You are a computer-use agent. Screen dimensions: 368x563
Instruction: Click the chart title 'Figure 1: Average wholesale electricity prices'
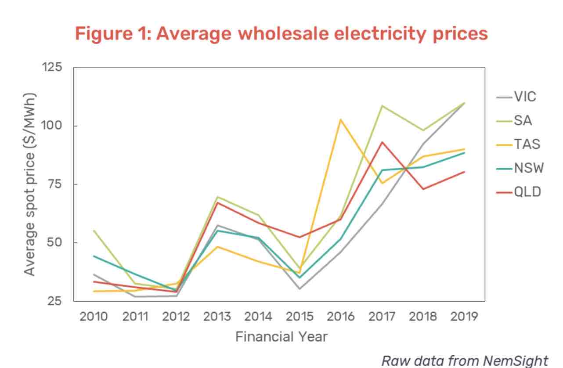pyautogui.click(x=281, y=34)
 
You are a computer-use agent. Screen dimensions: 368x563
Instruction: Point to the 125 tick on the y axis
pyautogui.click(x=52, y=67)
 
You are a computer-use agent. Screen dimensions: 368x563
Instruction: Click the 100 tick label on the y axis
pyautogui.click(x=52, y=126)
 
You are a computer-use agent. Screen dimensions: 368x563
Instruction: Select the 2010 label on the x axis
pyautogui.click(x=94, y=317)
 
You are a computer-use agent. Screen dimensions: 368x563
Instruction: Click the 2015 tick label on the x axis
pyautogui.click(x=300, y=317)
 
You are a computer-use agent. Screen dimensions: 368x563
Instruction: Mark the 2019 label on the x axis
pyautogui.click(x=465, y=317)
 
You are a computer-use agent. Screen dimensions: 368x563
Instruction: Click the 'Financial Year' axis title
pyautogui.click(x=281, y=337)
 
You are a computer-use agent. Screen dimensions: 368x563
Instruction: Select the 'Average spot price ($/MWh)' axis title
pyautogui.click(x=29, y=184)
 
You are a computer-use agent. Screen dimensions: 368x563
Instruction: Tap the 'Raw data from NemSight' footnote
pyautogui.click(x=465, y=360)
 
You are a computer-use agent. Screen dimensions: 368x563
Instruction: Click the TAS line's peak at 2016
pyautogui.click(x=341, y=119)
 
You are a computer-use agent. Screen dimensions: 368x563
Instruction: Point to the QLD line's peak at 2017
pyautogui.click(x=382, y=142)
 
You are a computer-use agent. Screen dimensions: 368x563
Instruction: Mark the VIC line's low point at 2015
pyautogui.click(x=300, y=289)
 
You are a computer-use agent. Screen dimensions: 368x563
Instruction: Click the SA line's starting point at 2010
pyautogui.click(x=94, y=231)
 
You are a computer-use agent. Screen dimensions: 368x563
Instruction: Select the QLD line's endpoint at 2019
pyautogui.click(x=465, y=172)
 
